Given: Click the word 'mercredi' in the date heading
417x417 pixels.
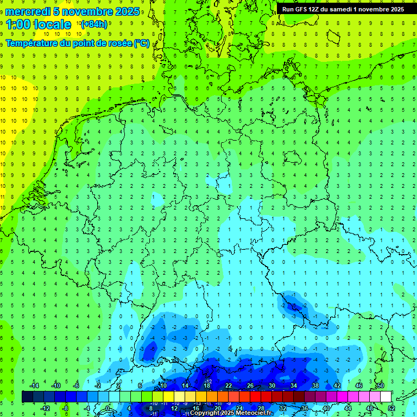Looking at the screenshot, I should tap(28, 11).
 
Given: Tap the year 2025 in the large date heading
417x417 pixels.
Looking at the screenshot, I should tap(127, 11).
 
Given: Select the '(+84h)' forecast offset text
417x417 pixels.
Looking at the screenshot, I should tap(94, 24).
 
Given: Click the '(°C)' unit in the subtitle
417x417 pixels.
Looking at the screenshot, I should tap(142, 43).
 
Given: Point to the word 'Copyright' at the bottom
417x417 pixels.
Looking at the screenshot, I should tap(206, 413).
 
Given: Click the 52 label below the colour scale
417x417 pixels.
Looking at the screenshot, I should tap(391, 408).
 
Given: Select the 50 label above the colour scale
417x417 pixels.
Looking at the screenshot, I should tap(380, 386).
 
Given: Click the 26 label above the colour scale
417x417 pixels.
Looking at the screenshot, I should tap(250, 386).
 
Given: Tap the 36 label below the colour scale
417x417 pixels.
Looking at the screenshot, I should tap(305, 408).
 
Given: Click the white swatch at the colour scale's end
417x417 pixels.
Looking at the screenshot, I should tap(386, 397).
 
